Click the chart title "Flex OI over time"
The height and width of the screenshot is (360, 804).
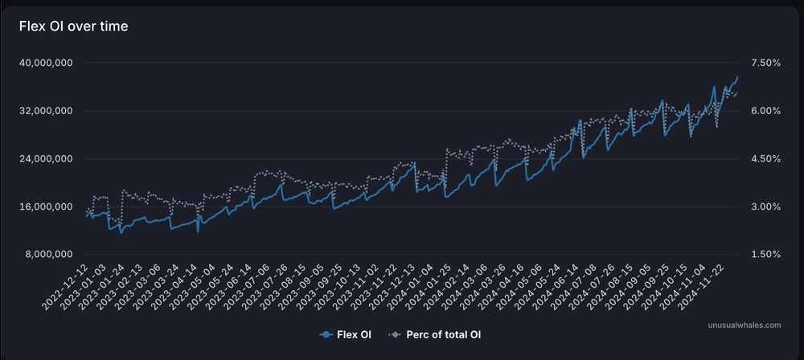pyautogui.click(x=73, y=27)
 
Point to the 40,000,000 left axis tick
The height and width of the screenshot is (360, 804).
pyautogui.click(x=46, y=63)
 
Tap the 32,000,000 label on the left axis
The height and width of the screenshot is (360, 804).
pyautogui.click(x=46, y=111)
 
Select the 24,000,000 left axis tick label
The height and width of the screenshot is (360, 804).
pyautogui.click(x=46, y=159)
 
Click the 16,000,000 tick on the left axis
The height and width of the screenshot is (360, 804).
pyautogui.click(x=46, y=207)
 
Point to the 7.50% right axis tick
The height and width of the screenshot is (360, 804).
pyautogui.click(x=764, y=63)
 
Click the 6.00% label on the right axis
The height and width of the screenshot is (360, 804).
pyautogui.click(x=764, y=111)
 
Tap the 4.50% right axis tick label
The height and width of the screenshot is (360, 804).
pyautogui.click(x=764, y=159)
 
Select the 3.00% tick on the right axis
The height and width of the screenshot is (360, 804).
pyautogui.click(x=764, y=207)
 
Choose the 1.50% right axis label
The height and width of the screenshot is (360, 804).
pyautogui.click(x=764, y=255)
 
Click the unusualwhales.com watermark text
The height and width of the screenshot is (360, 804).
pyautogui.click(x=745, y=325)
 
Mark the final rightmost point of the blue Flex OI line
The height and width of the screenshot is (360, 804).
pyautogui.click(x=738, y=77)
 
